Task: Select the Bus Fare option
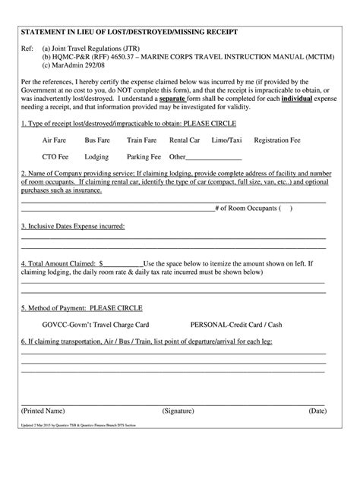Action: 97,140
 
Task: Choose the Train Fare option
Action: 141,140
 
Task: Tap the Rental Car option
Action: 185,140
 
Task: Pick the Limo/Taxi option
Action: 226,140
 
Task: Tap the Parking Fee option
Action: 144,157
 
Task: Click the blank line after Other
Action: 214,158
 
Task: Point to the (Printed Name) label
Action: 46,410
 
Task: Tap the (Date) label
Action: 317,410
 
